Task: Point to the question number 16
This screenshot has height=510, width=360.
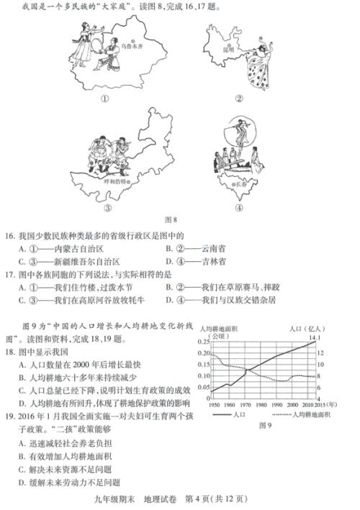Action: [x=10, y=235]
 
